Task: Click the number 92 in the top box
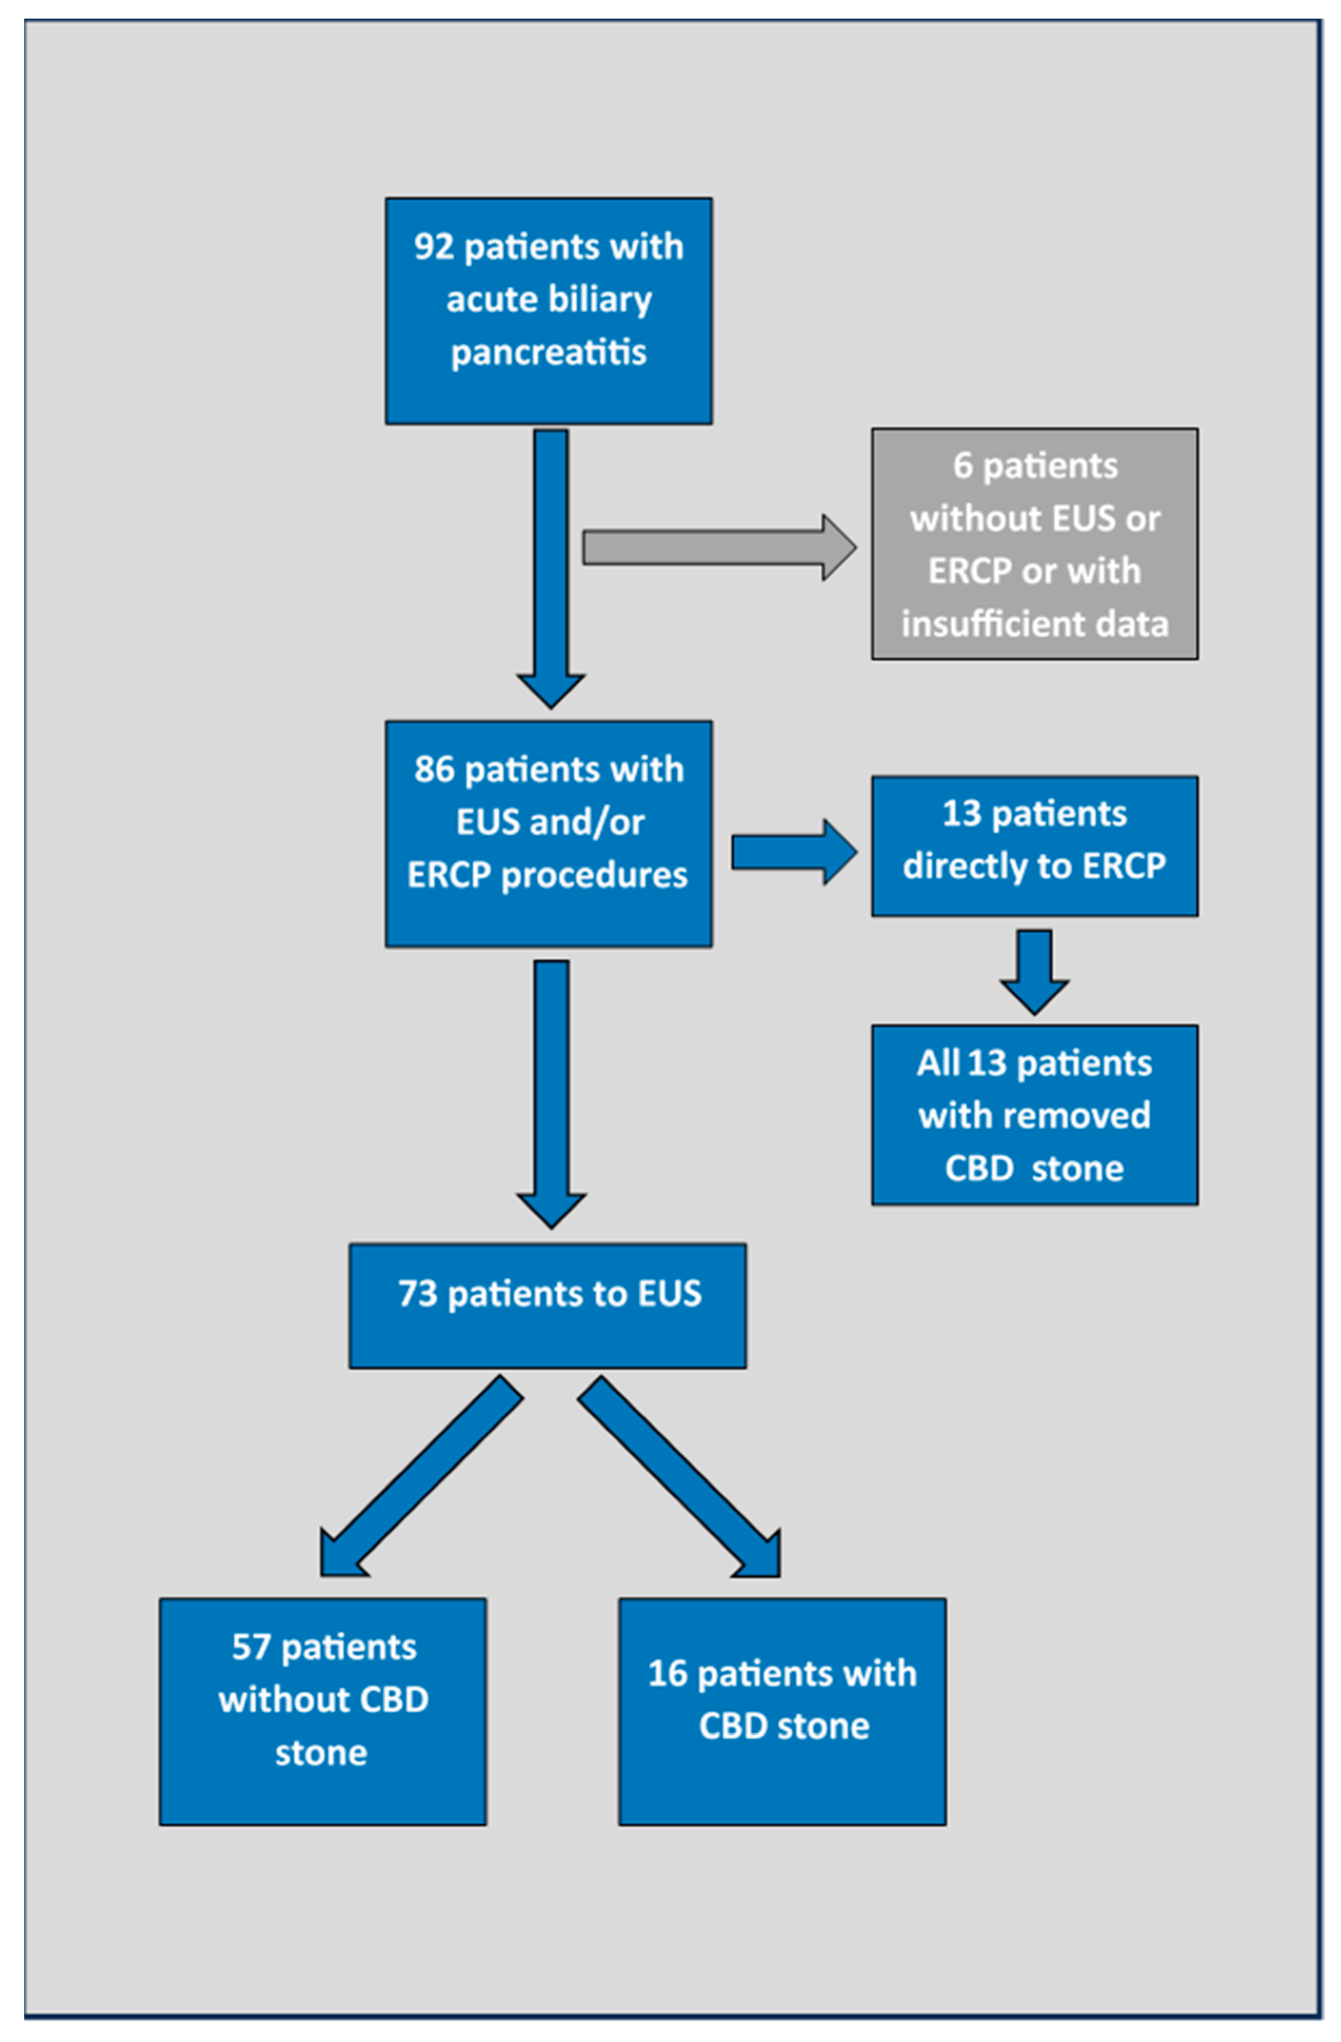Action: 433,247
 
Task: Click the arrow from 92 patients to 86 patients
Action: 551,566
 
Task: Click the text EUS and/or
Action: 549,822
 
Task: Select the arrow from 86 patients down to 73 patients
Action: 551,1090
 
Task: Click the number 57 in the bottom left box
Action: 251,1647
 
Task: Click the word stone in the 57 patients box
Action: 321,1753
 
